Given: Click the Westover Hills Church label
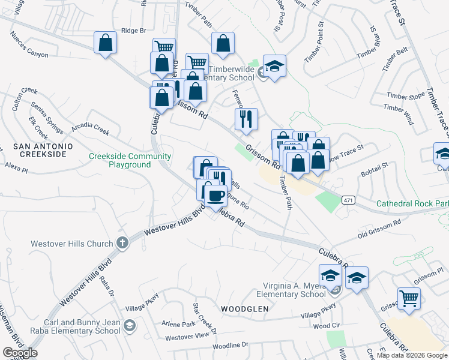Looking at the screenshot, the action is click(x=72, y=244).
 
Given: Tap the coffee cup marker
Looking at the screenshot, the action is click(x=216, y=195).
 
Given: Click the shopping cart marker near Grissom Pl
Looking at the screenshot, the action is click(x=409, y=298).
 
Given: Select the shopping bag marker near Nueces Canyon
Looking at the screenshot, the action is click(x=105, y=43).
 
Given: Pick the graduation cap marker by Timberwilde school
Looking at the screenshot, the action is click(x=274, y=66).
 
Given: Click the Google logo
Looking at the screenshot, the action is click(x=20, y=353).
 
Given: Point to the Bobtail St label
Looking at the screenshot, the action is click(x=375, y=169).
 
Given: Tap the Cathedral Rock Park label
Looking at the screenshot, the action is click(x=412, y=203).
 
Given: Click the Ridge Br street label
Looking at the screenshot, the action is click(x=133, y=30).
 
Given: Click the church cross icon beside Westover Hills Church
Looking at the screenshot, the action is click(x=122, y=244).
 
